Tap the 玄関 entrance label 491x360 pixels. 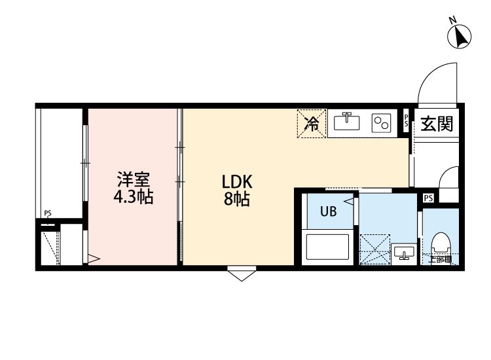click(x=437, y=124)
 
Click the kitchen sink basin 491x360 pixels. click(x=347, y=122)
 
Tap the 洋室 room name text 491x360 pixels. click(x=134, y=179)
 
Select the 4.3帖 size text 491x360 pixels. click(x=134, y=197)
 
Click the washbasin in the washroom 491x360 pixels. click(x=403, y=253)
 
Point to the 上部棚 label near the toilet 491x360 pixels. click(x=440, y=260)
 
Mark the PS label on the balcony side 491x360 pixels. click(x=48, y=213)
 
